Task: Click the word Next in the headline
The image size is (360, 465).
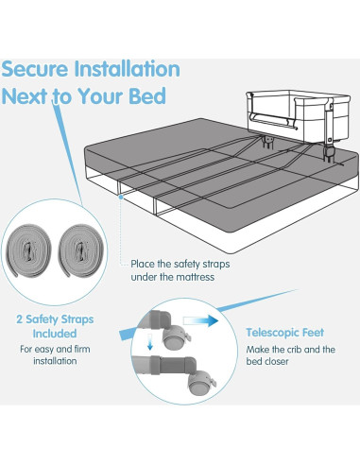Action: click(32, 96)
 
